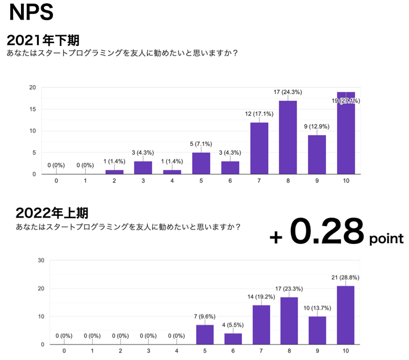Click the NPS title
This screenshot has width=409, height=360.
[x=31, y=13]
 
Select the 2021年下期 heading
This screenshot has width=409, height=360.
[x=43, y=40]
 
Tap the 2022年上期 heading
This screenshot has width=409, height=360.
[x=52, y=213]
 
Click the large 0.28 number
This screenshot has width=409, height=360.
[x=327, y=231]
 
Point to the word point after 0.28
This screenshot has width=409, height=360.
[x=386, y=239]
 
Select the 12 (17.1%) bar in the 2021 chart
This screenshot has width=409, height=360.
[x=259, y=148]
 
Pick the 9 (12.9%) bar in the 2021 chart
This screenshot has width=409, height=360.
[x=317, y=155]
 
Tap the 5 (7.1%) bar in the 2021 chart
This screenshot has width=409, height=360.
[x=201, y=163]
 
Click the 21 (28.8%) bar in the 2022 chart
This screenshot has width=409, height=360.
[x=345, y=315]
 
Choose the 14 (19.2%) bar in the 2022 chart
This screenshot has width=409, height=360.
[x=261, y=325]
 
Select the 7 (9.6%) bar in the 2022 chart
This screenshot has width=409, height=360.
[x=205, y=334]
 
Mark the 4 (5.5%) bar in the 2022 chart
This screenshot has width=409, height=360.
[x=233, y=339]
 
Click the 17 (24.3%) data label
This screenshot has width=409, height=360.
[x=288, y=92]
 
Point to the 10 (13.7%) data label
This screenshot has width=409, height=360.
[x=317, y=308]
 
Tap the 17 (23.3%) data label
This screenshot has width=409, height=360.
[x=289, y=289]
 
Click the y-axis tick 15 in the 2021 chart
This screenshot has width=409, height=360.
[x=33, y=109]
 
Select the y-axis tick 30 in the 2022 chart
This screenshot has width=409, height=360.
[x=41, y=260]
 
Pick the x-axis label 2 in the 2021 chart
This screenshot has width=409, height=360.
[x=114, y=181]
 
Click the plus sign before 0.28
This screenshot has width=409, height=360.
[x=276, y=237]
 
